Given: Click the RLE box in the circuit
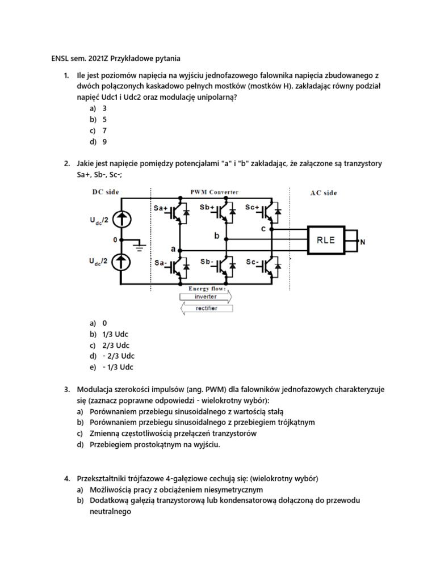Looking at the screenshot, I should tap(329, 240).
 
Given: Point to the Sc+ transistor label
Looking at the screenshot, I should tap(253, 208).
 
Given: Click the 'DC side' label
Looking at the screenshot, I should tap(106, 192).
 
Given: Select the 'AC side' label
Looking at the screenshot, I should tap(323, 193).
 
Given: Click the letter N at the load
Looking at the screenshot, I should tap(363, 243).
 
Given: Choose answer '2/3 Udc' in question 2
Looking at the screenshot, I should tap(116, 345).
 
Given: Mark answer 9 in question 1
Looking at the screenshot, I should tap(104, 142).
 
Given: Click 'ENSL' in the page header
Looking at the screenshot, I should tap(56, 58).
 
